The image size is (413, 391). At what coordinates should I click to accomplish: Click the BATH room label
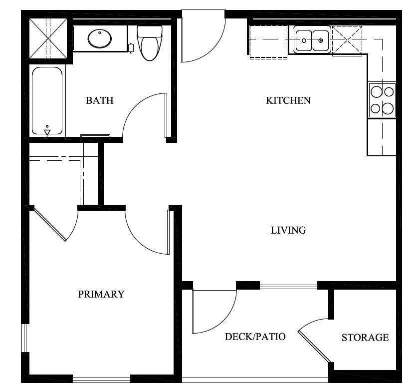pos(100,100)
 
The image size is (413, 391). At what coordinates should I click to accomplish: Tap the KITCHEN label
pos(288,100)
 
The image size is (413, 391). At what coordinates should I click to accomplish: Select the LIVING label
pos(288,230)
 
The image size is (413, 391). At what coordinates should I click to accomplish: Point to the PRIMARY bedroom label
pos(101,294)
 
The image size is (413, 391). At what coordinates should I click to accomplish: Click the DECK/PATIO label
pos(255,337)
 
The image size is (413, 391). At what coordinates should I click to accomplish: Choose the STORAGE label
pos(365,338)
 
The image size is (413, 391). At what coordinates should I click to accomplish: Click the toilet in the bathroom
pos(148,43)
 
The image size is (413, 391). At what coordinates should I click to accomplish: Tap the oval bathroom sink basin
pos(100,38)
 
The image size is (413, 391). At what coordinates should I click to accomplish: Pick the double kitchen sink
pos(312,40)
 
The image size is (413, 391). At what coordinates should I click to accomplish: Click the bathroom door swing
pos(145,116)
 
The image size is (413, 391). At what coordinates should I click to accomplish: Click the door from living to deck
pos(212,311)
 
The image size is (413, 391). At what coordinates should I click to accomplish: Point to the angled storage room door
pos(314,345)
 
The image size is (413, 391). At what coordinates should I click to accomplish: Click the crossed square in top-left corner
pos(47,38)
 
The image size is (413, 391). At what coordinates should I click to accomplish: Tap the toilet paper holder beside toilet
pos(131,48)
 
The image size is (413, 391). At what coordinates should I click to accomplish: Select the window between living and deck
pos(288,287)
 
